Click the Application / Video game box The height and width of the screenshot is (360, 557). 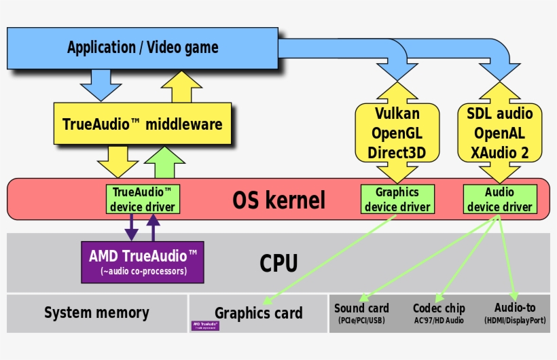pyautogui.click(x=143, y=47)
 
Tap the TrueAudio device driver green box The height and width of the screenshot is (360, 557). pyautogui.click(x=143, y=199)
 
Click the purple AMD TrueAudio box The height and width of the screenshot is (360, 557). pyautogui.click(x=143, y=262)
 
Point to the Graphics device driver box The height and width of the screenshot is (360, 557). pyautogui.click(x=397, y=199)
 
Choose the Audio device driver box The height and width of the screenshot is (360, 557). pyautogui.click(x=499, y=199)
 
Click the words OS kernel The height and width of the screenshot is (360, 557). pyautogui.click(x=278, y=200)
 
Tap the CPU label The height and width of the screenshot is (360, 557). pyautogui.click(x=278, y=263)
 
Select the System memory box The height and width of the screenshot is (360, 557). pyautogui.click(x=96, y=313)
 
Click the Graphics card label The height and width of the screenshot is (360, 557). pyautogui.click(x=258, y=313)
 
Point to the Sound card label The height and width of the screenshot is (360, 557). pyautogui.click(x=361, y=308)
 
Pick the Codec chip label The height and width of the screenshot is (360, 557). pyautogui.click(x=438, y=308)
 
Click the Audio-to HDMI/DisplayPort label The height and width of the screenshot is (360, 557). pyautogui.click(x=515, y=308)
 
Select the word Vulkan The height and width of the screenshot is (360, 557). pyautogui.click(x=397, y=113)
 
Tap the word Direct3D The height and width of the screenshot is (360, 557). pyautogui.click(x=397, y=153)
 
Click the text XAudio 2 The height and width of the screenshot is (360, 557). pyautogui.click(x=499, y=153)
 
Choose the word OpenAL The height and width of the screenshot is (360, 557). pyautogui.click(x=499, y=133)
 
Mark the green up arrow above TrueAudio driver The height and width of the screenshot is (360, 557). pyautogui.click(x=165, y=163)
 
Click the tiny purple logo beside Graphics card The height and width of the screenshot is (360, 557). pyautogui.click(x=205, y=325)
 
